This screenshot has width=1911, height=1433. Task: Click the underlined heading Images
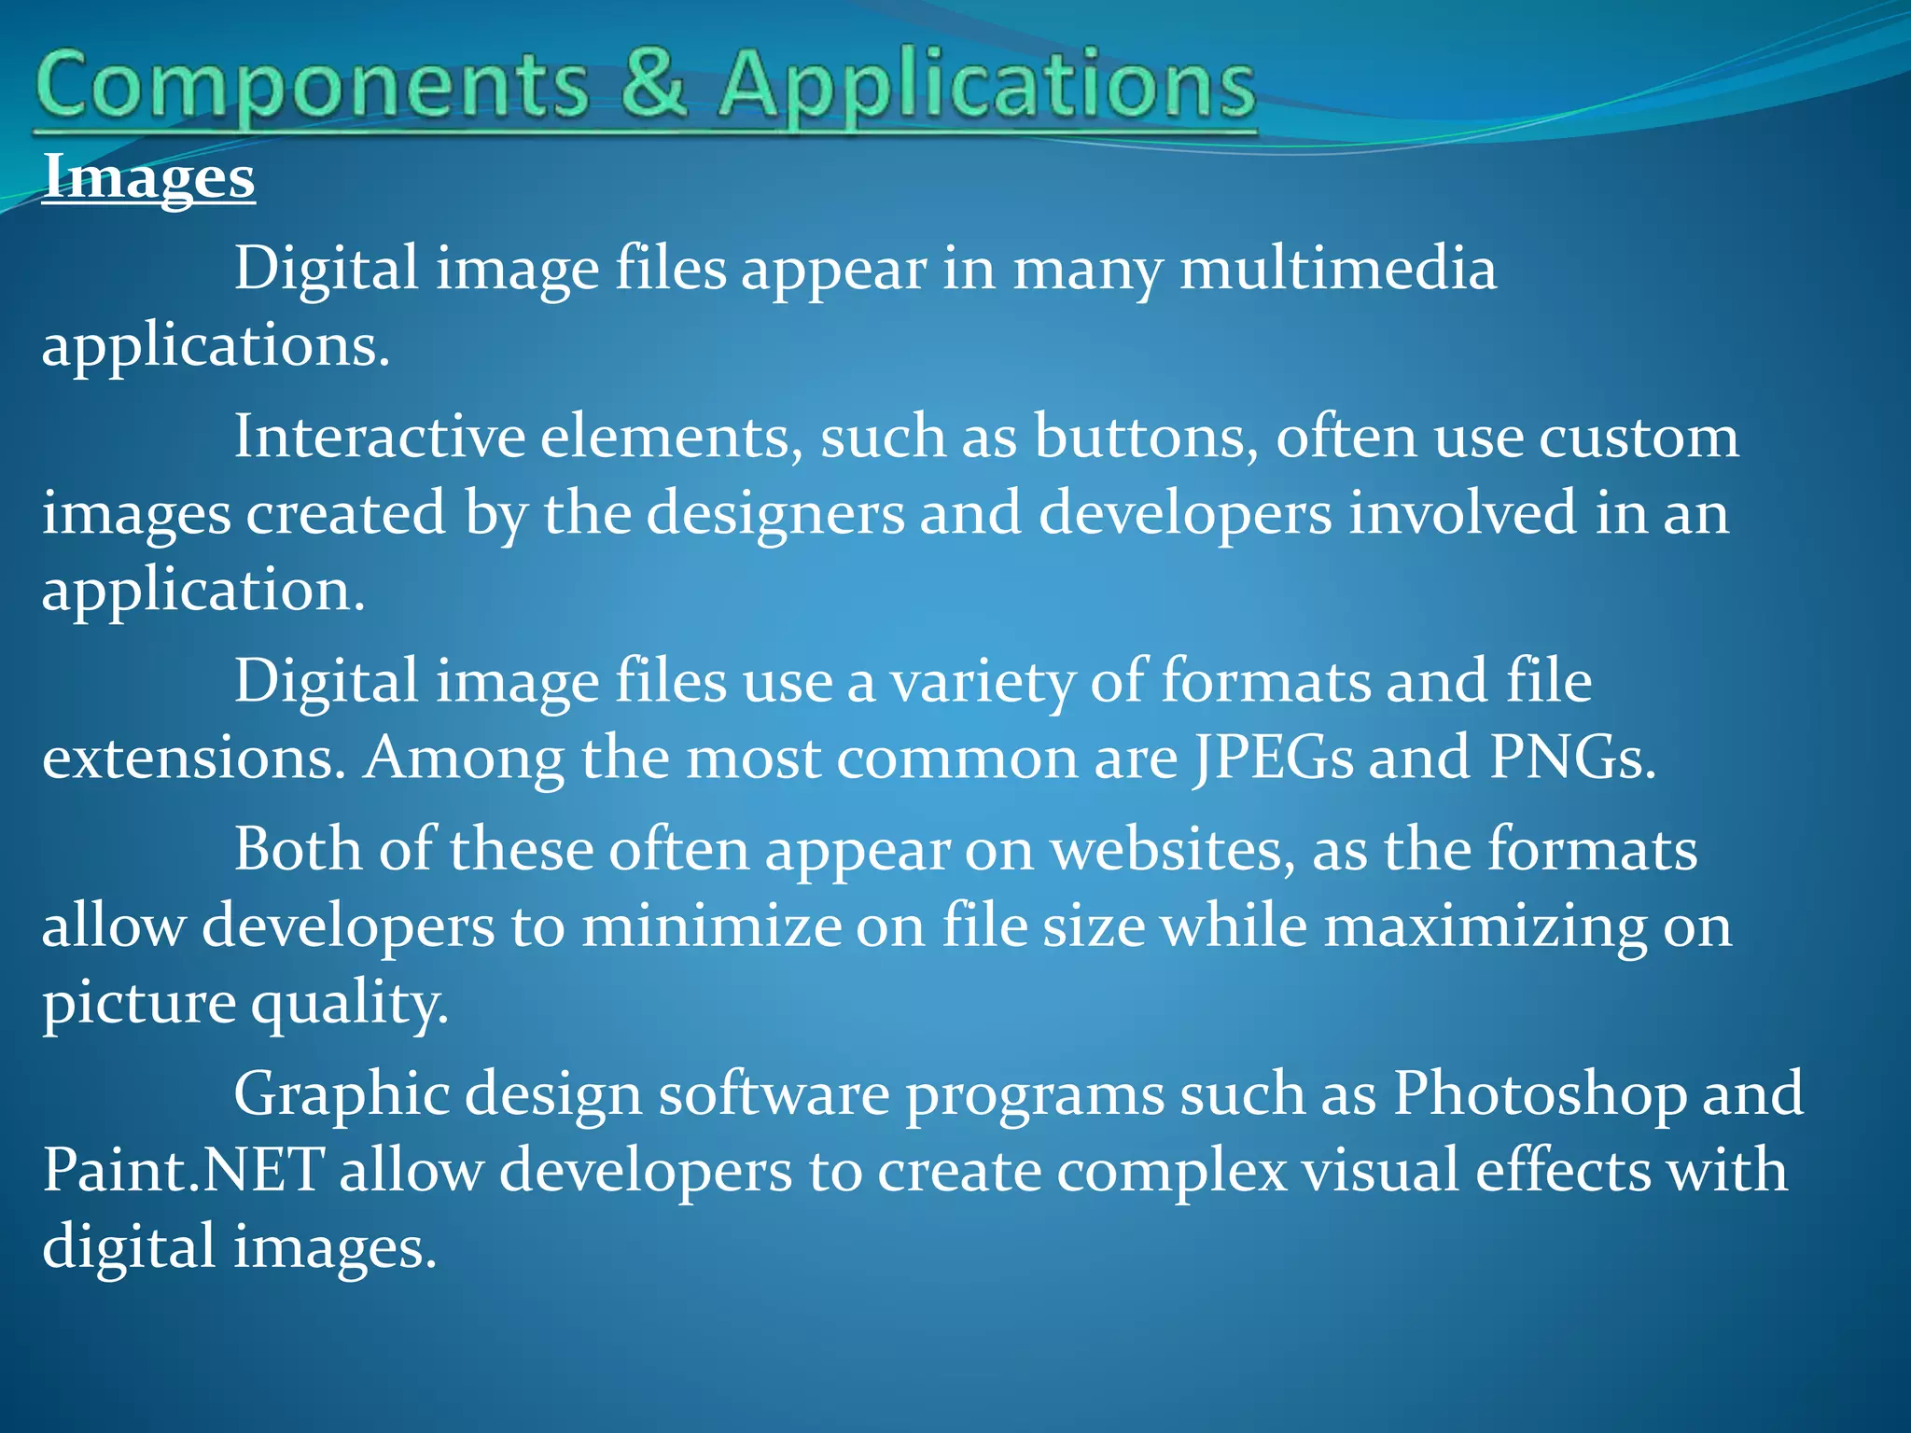tap(148, 176)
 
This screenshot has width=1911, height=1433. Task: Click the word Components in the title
tap(314, 86)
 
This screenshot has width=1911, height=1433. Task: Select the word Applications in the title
tap(987, 86)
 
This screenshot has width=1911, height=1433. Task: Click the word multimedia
tap(1338, 269)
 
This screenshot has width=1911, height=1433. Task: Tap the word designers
tap(775, 513)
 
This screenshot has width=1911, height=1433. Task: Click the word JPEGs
tap(1273, 758)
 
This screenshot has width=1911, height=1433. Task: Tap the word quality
tap(350, 1005)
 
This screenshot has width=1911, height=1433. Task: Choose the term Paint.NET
tap(184, 1170)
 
